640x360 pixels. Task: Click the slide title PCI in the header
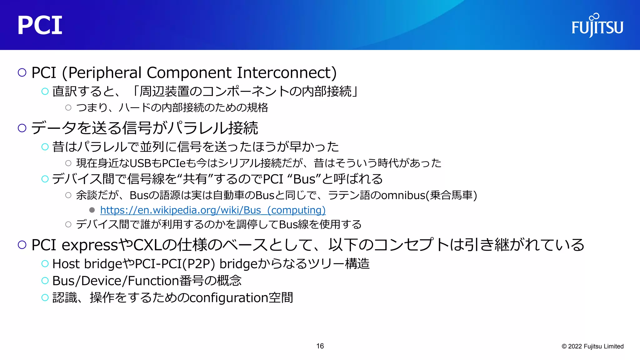(40, 26)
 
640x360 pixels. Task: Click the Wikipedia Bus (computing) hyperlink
(213, 210)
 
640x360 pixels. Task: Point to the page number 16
(320, 346)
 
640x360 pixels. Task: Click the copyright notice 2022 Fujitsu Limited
(592, 346)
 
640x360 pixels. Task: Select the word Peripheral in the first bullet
(105, 73)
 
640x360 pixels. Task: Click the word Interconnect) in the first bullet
(287, 73)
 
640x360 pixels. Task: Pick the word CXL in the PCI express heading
(148, 245)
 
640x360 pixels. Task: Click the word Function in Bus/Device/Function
(153, 281)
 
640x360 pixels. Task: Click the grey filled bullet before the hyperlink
(92, 210)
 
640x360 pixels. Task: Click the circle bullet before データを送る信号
(22, 128)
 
